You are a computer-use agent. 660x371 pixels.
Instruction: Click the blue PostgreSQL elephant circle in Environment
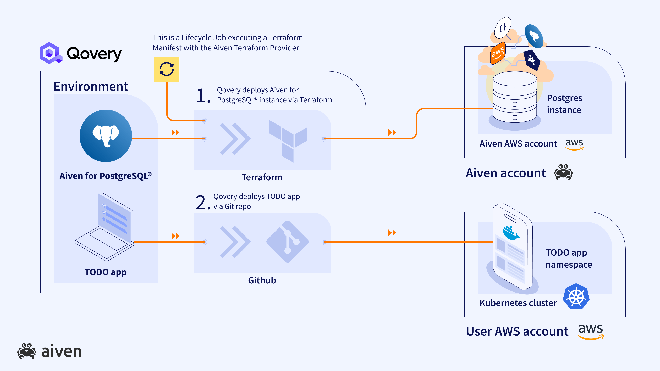(x=106, y=136)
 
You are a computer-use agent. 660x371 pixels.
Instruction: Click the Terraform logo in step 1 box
(x=288, y=141)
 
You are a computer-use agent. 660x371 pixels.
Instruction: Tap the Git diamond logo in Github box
(x=288, y=241)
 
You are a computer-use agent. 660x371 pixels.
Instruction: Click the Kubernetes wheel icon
(x=576, y=296)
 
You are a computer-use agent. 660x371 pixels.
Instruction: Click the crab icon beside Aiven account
(x=563, y=172)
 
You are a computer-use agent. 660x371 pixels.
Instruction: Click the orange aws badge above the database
(x=498, y=53)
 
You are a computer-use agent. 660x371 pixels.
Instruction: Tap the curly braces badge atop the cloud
(x=503, y=27)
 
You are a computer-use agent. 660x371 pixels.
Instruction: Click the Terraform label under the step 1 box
(x=262, y=177)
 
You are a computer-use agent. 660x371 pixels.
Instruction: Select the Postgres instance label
(x=564, y=104)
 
